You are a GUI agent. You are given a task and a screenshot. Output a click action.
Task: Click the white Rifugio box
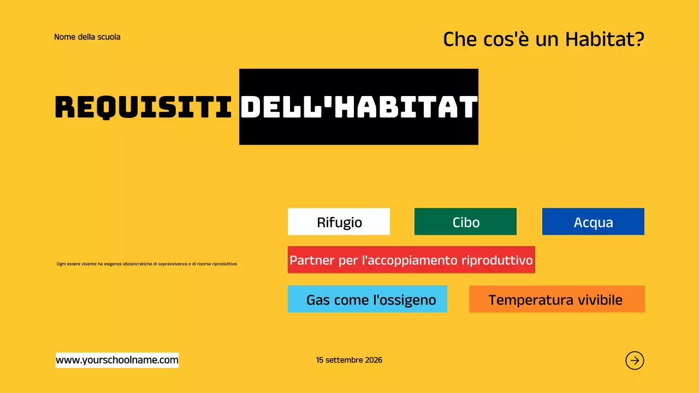(x=339, y=222)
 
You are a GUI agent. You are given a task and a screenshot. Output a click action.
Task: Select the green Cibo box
(x=465, y=222)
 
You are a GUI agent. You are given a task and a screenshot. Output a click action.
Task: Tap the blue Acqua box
(x=593, y=222)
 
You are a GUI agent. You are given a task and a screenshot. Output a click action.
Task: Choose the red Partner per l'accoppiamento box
(x=411, y=259)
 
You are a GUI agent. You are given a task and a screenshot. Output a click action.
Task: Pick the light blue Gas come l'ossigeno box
(x=367, y=299)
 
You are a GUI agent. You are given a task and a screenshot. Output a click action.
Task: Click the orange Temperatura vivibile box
(x=556, y=299)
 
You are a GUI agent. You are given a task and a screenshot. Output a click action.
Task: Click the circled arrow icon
(x=635, y=360)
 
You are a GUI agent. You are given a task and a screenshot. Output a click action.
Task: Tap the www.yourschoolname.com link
(x=117, y=360)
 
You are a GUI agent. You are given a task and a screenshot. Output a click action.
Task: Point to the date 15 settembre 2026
(x=349, y=360)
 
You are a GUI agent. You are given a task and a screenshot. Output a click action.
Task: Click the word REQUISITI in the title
(x=144, y=107)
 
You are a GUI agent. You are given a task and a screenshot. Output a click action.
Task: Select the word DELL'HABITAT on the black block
(x=359, y=107)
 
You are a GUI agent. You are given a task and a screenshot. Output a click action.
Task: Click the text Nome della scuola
(x=87, y=37)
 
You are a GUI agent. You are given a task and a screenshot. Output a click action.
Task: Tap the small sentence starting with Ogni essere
(x=147, y=264)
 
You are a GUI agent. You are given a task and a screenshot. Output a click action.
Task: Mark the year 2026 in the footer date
(x=374, y=360)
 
